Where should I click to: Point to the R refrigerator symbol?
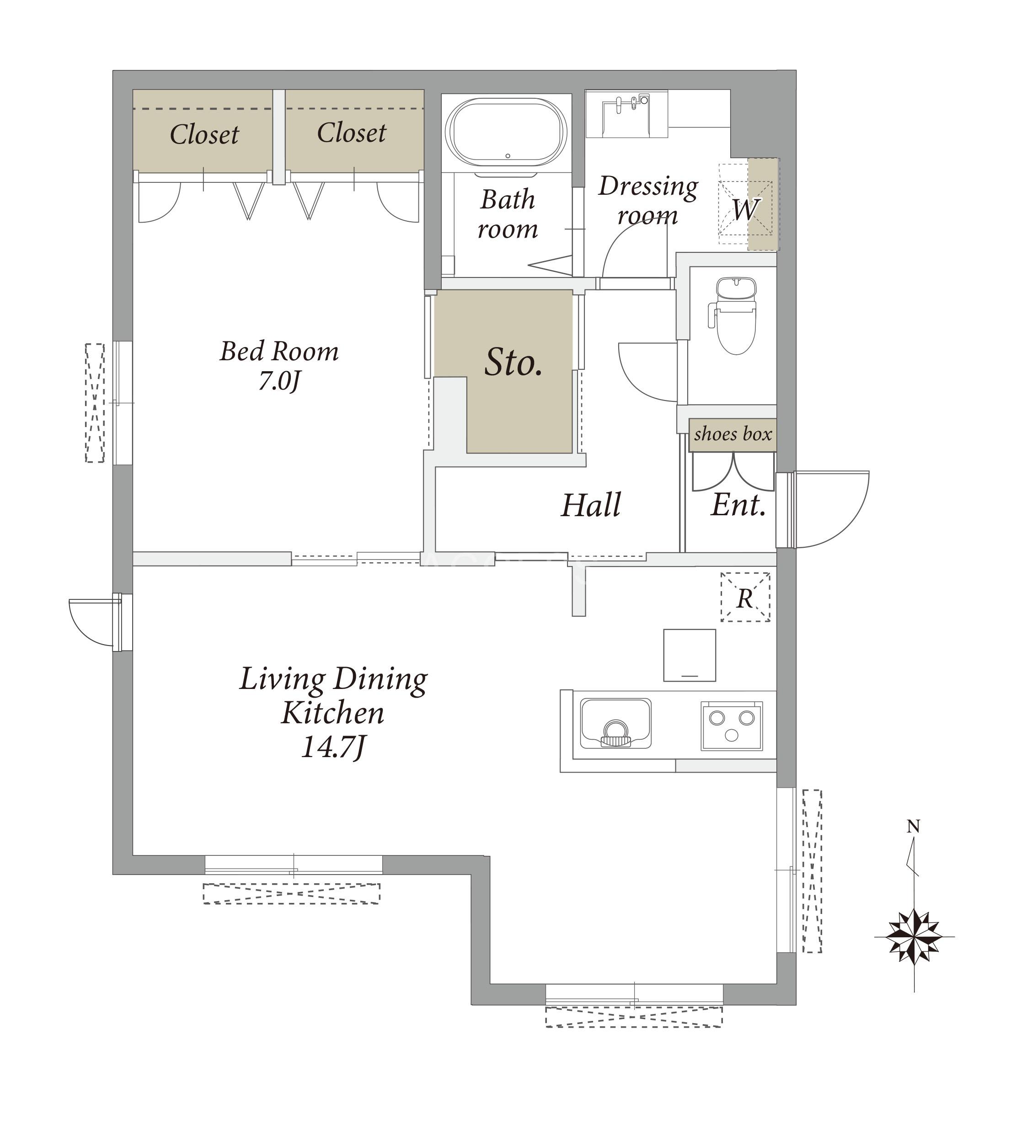[745, 597]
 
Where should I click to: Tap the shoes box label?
[733, 434]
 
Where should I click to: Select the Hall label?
[591, 505]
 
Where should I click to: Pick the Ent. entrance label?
[738, 505]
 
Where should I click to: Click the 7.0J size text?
[279, 381]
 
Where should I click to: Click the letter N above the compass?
[913, 826]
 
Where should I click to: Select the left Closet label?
[204, 134]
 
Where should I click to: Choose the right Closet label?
[352, 133]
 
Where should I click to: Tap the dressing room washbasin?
[627, 114]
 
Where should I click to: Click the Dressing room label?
[648, 200]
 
